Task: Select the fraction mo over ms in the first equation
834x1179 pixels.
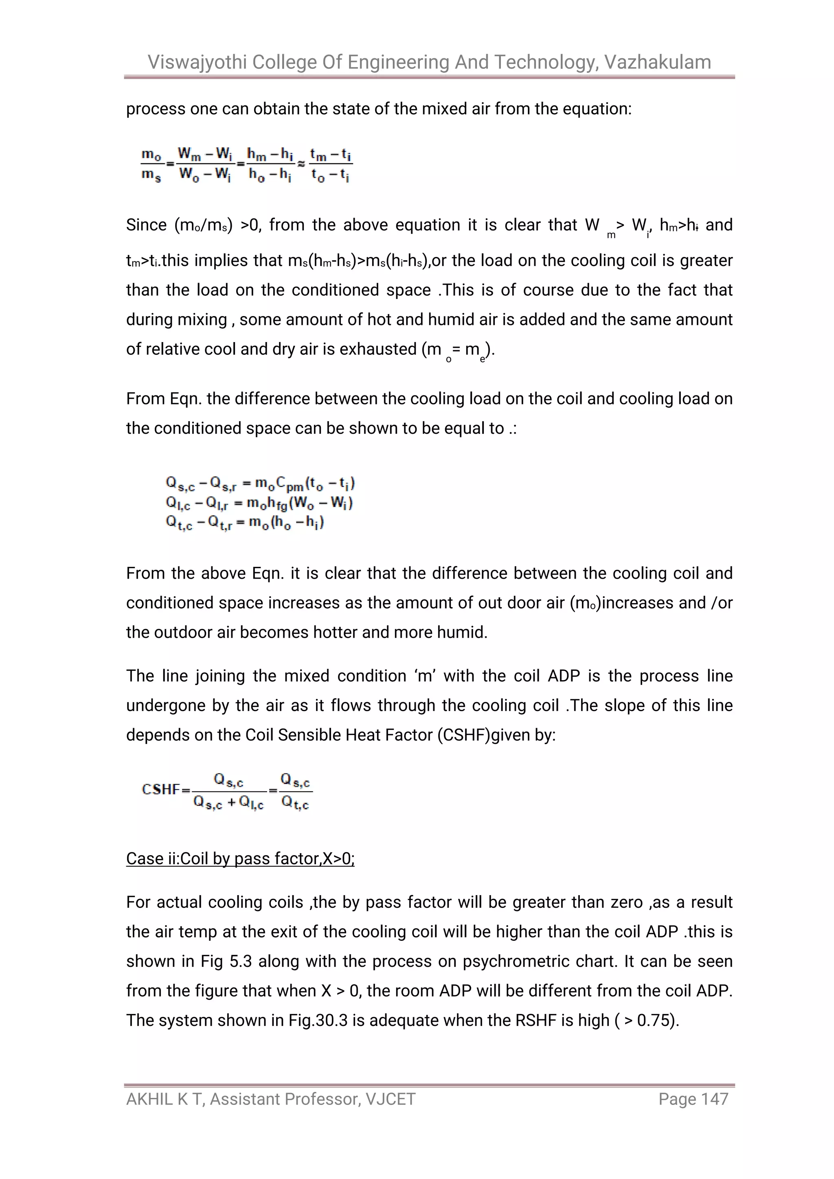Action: point(151,164)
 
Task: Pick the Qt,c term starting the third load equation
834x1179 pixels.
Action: point(179,523)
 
